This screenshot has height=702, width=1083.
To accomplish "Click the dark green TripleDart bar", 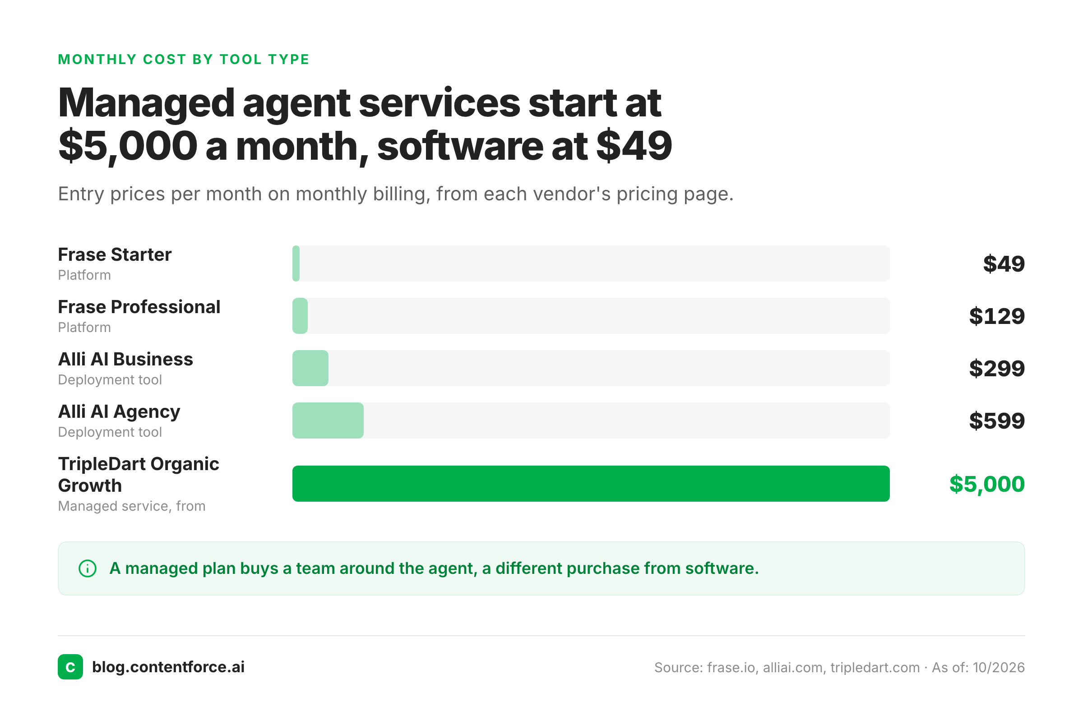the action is [x=591, y=484].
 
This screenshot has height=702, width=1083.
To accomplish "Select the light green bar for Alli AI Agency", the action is [x=328, y=420].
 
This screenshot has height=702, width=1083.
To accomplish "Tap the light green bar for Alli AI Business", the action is [x=310, y=368].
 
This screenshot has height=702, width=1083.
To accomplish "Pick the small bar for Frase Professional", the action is [x=300, y=316].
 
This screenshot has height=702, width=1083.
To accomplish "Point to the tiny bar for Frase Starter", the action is [x=296, y=263].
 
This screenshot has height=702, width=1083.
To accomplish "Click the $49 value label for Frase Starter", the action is [x=1004, y=264].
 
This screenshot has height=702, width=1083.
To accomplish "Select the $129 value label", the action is [x=996, y=316].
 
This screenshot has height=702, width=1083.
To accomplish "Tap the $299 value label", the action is [x=996, y=369].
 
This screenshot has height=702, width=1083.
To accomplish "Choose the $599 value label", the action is [x=996, y=421].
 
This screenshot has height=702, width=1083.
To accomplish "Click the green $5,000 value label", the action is [x=986, y=484].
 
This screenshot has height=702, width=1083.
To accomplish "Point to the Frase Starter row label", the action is [x=115, y=254].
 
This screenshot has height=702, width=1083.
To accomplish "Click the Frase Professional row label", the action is [x=139, y=307].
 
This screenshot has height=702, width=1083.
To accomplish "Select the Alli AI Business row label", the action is [x=125, y=359].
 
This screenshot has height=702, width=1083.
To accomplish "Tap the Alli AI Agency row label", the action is [x=119, y=412].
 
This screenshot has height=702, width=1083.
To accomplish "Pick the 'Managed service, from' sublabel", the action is [x=131, y=506].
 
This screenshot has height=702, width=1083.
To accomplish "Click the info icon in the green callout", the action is [x=88, y=568].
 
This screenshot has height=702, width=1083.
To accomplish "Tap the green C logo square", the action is [x=70, y=667].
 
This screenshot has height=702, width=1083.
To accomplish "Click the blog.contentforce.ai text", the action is [x=168, y=667].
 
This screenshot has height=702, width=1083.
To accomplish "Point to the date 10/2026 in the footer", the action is [x=999, y=667].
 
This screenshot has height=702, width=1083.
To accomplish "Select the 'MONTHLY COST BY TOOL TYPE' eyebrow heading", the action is [x=184, y=59].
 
